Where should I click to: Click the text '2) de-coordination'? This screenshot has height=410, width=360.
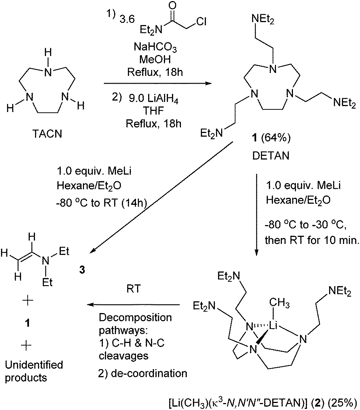tap(143, 373)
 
